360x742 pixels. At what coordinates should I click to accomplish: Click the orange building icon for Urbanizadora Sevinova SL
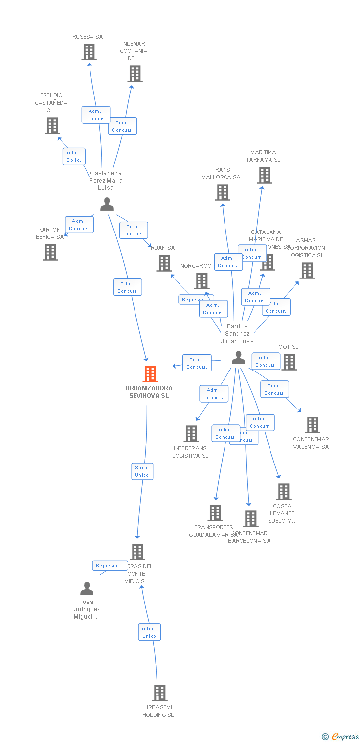150,374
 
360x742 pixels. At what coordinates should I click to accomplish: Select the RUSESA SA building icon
89,52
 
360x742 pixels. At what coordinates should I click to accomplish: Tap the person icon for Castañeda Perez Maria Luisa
107,204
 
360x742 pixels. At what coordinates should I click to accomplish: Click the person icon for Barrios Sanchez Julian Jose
238,357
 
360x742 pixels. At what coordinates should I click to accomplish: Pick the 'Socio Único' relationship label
142,471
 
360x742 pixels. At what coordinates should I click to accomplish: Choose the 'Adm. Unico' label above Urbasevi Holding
149,632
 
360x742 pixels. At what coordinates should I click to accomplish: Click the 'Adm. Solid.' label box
74,156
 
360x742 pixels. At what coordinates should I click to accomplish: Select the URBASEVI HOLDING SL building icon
159,693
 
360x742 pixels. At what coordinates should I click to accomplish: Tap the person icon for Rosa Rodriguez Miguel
87,589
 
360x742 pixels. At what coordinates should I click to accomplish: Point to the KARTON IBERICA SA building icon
50,252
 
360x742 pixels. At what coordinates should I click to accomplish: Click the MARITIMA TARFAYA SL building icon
265,175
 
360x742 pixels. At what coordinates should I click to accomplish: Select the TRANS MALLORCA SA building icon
223,192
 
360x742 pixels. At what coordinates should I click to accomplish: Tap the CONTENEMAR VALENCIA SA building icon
312,425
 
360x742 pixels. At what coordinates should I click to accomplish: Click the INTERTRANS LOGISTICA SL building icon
191,434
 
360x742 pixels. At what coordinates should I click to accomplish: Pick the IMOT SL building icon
289,362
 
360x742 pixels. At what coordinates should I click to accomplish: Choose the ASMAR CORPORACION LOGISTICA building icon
307,271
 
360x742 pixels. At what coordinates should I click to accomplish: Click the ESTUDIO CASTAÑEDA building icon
52,126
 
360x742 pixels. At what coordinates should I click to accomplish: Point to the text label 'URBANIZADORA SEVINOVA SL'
149,392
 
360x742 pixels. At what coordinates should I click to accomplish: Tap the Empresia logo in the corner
341,737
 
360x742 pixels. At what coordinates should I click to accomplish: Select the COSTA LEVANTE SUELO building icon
284,492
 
